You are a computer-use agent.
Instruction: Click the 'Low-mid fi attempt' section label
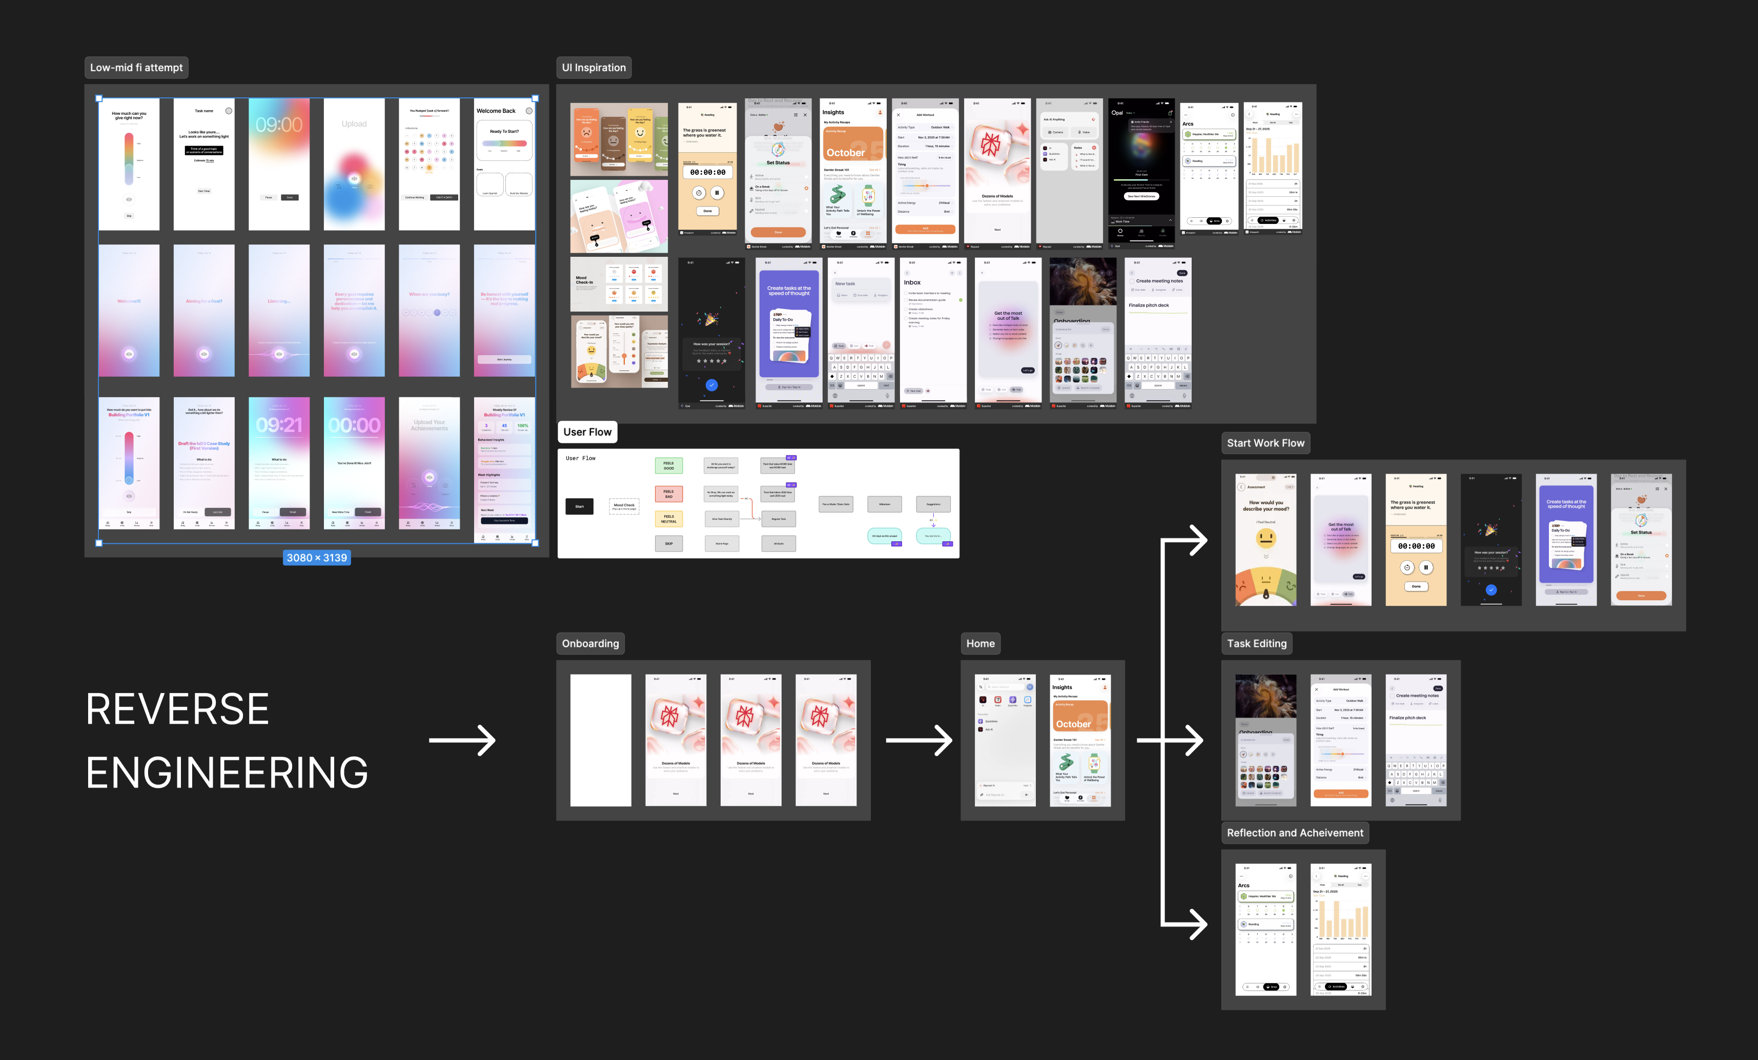click(x=136, y=68)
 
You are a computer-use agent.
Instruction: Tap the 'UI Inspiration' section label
click(x=594, y=68)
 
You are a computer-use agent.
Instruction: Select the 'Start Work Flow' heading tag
click(x=1265, y=443)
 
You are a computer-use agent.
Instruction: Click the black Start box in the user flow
click(x=579, y=506)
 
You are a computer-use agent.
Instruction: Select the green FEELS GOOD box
click(x=668, y=466)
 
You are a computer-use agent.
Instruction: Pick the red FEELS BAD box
click(x=668, y=494)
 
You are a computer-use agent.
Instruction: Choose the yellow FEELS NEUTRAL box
click(x=668, y=519)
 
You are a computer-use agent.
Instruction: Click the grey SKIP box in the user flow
click(x=668, y=543)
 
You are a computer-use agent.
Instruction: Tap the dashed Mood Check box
click(x=624, y=506)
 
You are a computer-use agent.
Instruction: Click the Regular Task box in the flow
click(x=779, y=519)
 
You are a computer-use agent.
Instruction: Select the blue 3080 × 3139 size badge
click(x=317, y=558)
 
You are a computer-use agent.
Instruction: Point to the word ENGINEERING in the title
click(x=227, y=772)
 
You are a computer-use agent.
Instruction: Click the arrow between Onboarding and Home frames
click(x=919, y=741)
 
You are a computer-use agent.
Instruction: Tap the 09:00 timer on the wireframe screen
click(x=279, y=125)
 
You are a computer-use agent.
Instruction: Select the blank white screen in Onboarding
click(x=601, y=741)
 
